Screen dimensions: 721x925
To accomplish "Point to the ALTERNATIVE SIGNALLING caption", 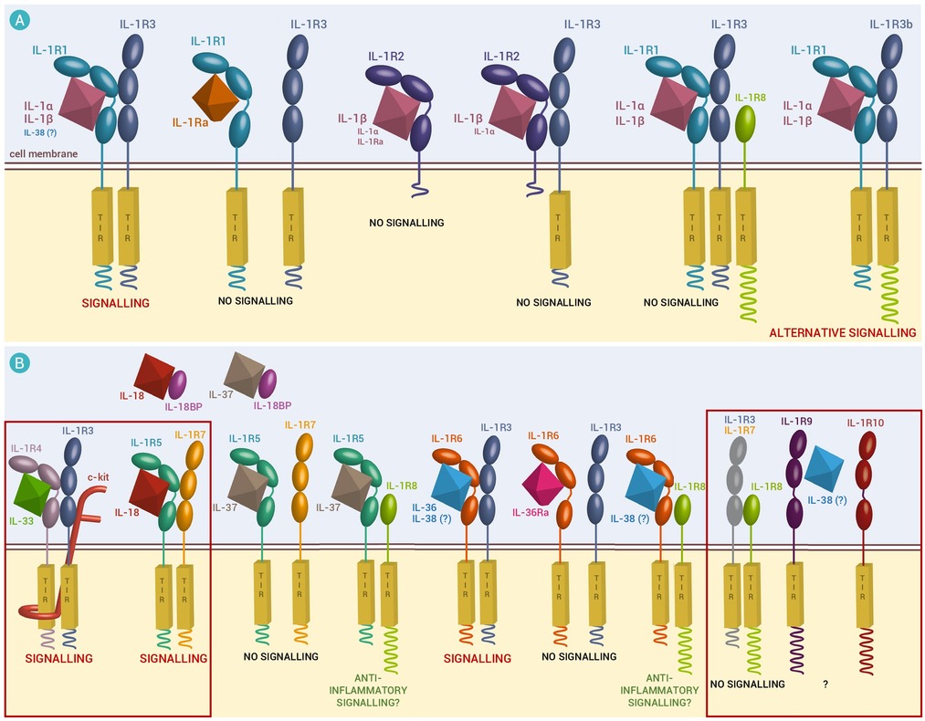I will click(843, 333).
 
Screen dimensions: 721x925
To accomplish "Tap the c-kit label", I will click(99, 475).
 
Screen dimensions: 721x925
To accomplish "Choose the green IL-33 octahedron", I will click(34, 489).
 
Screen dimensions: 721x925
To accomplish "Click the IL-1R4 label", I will click(26, 447).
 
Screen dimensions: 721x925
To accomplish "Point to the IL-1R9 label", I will click(797, 422).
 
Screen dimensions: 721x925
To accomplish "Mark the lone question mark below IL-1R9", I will click(825, 684).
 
